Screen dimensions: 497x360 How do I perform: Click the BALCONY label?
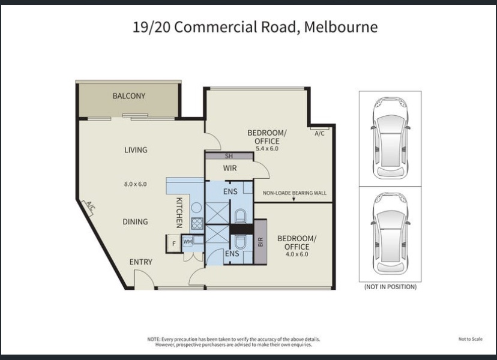(129, 96)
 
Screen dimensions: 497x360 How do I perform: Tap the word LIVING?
(136, 149)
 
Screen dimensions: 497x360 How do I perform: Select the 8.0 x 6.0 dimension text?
(135, 184)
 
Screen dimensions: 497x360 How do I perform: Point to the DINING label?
(135, 221)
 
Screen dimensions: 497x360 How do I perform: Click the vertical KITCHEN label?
(179, 212)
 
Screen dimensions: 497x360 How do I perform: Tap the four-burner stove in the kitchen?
(197, 223)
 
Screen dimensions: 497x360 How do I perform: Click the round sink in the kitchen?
(196, 208)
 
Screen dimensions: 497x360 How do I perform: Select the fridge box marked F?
(173, 244)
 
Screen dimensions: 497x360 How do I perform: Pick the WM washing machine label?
(188, 241)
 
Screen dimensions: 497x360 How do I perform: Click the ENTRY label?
(140, 262)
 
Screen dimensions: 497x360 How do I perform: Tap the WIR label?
(230, 168)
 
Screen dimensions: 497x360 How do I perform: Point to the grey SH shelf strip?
(229, 156)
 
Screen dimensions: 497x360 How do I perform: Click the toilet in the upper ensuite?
(240, 216)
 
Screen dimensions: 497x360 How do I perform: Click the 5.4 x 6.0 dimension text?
(267, 148)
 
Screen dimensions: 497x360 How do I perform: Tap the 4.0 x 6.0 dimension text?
(297, 254)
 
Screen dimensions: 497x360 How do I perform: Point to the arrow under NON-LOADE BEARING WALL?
(294, 199)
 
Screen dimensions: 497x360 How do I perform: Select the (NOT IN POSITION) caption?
(390, 287)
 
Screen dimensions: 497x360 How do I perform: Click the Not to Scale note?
(471, 339)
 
